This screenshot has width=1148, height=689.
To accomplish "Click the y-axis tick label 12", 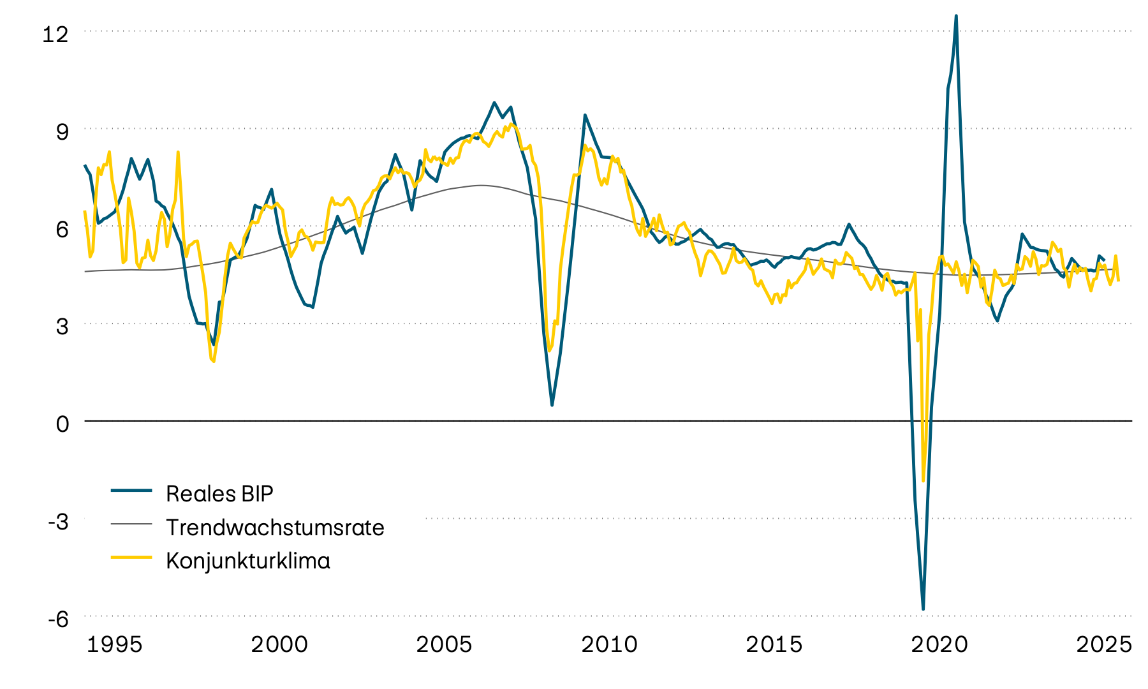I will pyautogui.click(x=55, y=33).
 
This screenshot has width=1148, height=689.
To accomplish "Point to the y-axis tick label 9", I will pyautogui.click(x=62, y=131).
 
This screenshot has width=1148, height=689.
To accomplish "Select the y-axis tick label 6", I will pyautogui.click(x=62, y=229).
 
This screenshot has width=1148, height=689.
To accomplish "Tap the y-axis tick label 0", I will pyautogui.click(x=62, y=424).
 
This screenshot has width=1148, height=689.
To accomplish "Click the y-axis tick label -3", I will pyautogui.click(x=58, y=521).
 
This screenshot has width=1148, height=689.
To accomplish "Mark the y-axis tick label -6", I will pyautogui.click(x=58, y=619).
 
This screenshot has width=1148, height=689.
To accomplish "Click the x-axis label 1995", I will pyautogui.click(x=114, y=644).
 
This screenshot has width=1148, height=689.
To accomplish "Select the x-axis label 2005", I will pyautogui.click(x=444, y=644).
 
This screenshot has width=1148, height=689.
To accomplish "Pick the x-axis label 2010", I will pyautogui.click(x=609, y=644).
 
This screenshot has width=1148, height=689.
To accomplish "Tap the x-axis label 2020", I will pyautogui.click(x=939, y=644).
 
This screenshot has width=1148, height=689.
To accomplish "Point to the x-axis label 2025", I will pyautogui.click(x=1104, y=644).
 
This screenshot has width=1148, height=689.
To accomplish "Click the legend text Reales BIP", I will pyautogui.click(x=219, y=494).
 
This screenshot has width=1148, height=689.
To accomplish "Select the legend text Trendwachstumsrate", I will pyautogui.click(x=275, y=528).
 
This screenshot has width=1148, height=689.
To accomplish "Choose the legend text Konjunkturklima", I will pyautogui.click(x=248, y=561).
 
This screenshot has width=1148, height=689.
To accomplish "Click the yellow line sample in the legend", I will pyautogui.click(x=131, y=558).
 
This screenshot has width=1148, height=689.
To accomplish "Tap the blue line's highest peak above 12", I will pyautogui.click(x=956, y=16).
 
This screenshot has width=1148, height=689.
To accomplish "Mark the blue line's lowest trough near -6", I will pyautogui.click(x=923, y=609).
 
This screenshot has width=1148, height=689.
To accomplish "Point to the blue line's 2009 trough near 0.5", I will pyautogui.click(x=552, y=405).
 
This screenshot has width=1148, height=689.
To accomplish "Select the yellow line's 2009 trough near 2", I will pyautogui.click(x=549, y=350).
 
